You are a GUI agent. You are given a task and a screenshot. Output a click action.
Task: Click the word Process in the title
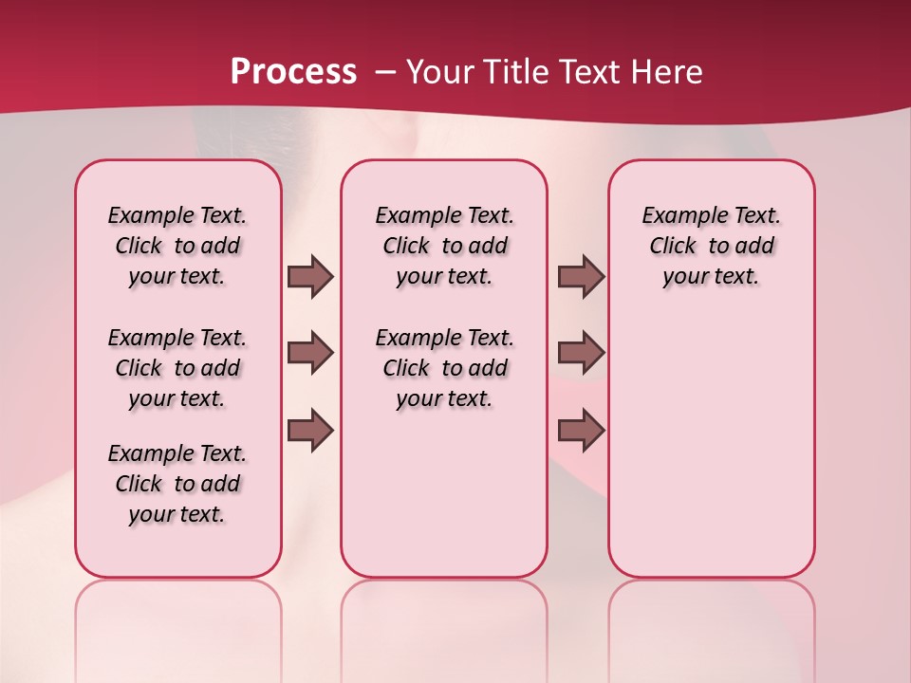coord(293,71)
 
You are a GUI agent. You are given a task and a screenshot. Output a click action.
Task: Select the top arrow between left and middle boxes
coord(310,276)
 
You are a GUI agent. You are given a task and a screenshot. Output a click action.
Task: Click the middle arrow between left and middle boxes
coord(310,353)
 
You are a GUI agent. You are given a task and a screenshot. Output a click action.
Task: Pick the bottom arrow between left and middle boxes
coord(310,430)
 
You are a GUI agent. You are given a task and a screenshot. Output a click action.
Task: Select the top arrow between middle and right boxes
coord(581,276)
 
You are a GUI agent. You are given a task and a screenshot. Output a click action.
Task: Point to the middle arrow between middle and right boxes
coord(581,353)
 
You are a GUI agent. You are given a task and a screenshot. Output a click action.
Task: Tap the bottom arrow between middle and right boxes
coord(581,430)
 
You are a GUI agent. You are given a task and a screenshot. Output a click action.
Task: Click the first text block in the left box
coord(177,246)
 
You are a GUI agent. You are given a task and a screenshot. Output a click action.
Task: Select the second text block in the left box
coord(177,368)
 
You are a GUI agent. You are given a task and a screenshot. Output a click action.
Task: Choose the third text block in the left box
coord(177,484)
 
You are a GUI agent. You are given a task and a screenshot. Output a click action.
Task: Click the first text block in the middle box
coord(444,246)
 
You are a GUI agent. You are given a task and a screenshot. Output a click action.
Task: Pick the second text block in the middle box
coord(444,368)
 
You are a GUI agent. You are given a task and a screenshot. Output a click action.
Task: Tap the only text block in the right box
coord(711,246)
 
